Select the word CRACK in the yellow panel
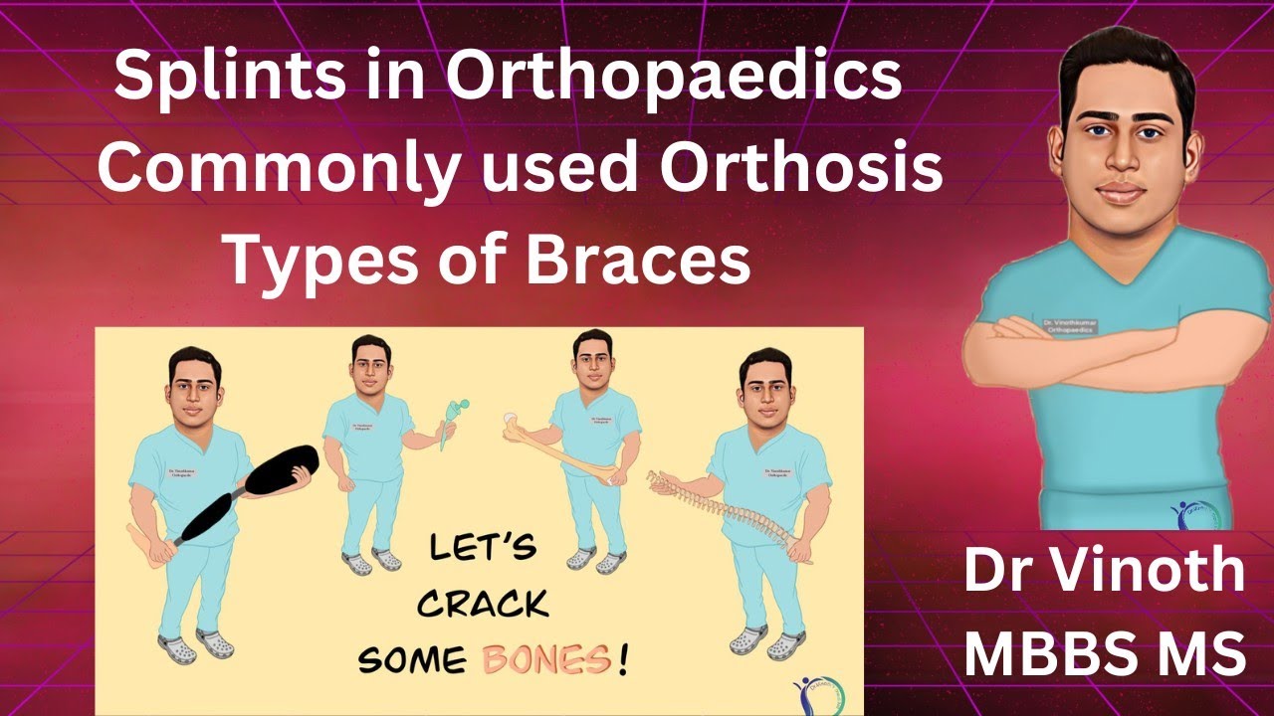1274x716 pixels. [x=483, y=603]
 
